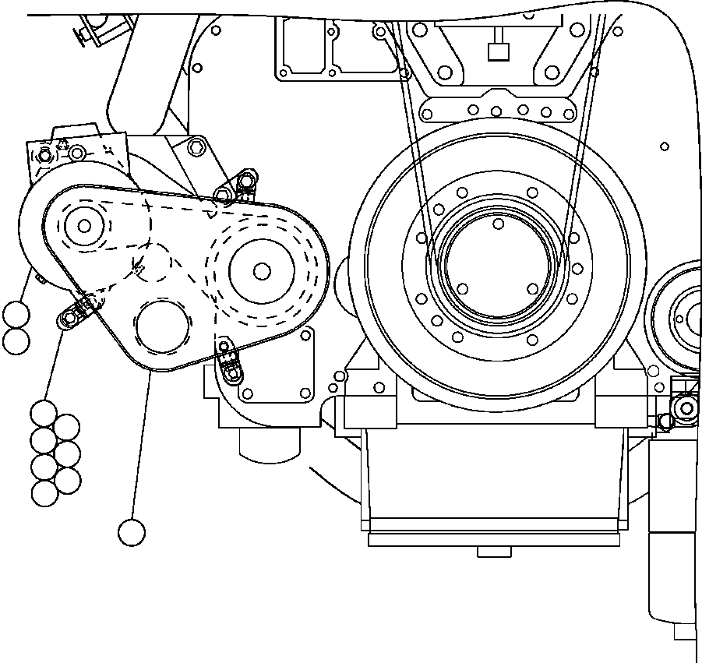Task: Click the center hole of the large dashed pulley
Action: (x=262, y=270)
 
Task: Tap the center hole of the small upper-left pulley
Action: (x=84, y=226)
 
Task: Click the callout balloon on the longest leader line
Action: (x=132, y=533)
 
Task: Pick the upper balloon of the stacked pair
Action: (x=16, y=316)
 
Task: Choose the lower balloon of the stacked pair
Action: (x=16, y=340)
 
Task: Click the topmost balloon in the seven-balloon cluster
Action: (x=44, y=413)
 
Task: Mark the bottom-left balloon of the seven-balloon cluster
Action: (x=44, y=492)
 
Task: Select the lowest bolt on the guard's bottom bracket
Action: (x=232, y=372)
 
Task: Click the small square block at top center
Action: (x=496, y=52)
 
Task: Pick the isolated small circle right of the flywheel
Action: (x=664, y=146)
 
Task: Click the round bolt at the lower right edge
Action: (x=685, y=407)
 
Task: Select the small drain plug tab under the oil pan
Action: (x=494, y=552)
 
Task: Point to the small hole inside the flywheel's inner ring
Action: (x=498, y=224)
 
